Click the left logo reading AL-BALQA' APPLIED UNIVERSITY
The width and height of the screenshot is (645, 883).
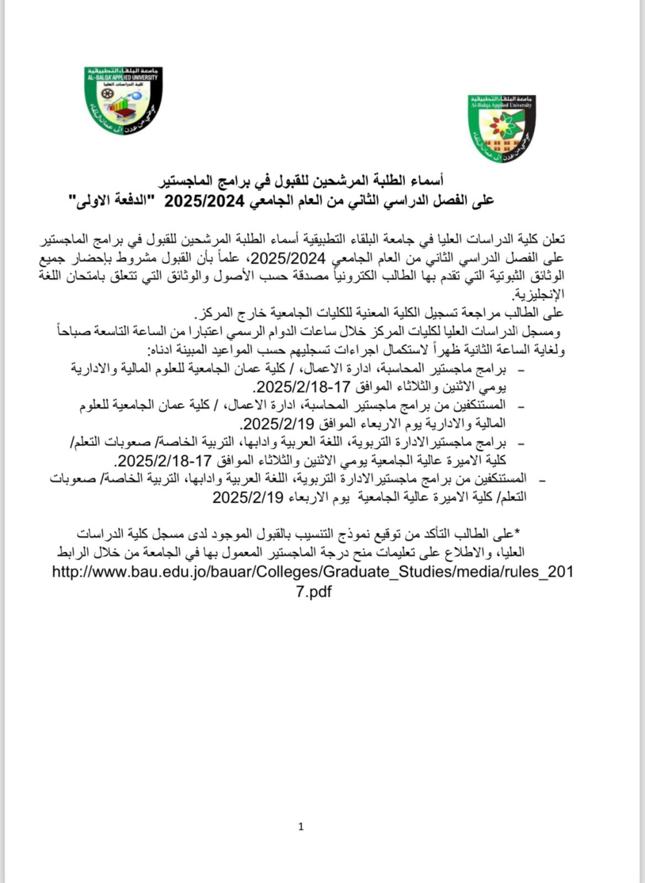pyautogui.click(x=123, y=99)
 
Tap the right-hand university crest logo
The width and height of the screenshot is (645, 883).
pyautogui.click(x=501, y=128)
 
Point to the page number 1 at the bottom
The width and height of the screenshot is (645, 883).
pyautogui.click(x=301, y=826)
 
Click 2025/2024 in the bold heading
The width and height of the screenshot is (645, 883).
pyautogui.click(x=204, y=201)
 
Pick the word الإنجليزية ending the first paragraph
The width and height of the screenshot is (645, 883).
pyautogui.click(x=539, y=294)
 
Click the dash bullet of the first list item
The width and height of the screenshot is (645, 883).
pyautogui.click(x=521, y=370)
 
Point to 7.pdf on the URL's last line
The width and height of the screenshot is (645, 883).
pyautogui.click(x=313, y=591)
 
